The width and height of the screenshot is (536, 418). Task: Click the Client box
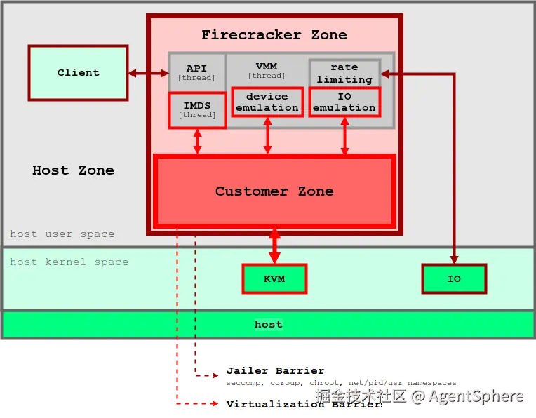click(78, 72)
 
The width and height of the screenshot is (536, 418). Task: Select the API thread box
click(196, 72)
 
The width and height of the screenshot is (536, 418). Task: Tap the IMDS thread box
click(197, 110)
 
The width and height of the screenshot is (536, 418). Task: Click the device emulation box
click(267, 102)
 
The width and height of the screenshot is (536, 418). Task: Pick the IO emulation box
click(344, 102)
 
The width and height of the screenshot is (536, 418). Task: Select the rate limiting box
click(344, 74)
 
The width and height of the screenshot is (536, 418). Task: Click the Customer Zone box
click(274, 191)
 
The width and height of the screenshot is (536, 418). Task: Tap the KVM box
click(274, 278)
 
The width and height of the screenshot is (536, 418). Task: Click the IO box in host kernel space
click(454, 278)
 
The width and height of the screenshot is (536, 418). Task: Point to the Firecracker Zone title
click(274, 34)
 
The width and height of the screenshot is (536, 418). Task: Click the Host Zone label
click(73, 170)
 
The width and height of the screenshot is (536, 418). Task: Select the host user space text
click(62, 234)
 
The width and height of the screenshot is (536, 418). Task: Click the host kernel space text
click(69, 262)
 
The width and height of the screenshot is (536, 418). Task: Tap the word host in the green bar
click(268, 324)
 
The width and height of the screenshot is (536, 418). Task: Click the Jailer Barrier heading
click(275, 370)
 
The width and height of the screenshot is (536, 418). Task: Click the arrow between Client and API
click(148, 72)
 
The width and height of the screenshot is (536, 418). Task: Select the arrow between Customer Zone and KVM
click(274, 245)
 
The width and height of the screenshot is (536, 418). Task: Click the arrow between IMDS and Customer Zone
click(197, 141)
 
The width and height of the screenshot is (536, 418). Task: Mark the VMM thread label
click(267, 70)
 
